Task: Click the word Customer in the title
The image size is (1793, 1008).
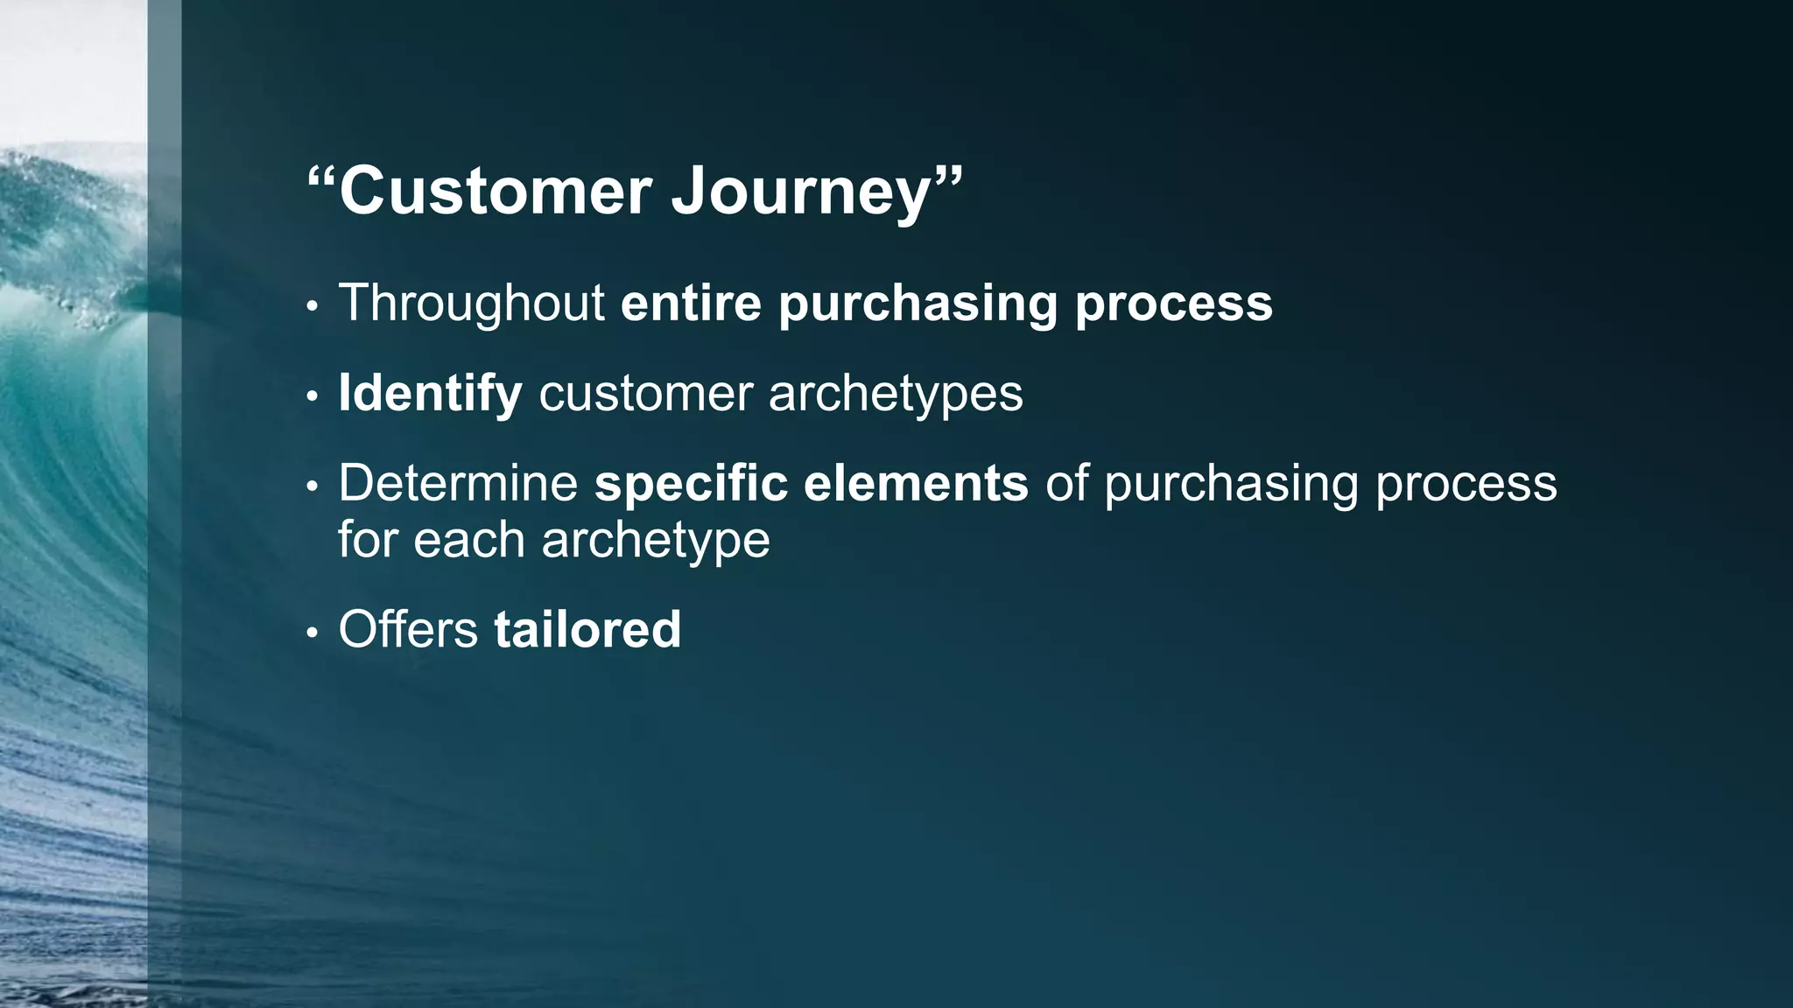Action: pyautogui.click(x=496, y=191)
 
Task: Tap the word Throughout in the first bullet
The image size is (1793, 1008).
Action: pyautogui.click(x=471, y=303)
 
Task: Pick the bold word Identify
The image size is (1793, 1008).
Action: pyautogui.click(x=430, y=393)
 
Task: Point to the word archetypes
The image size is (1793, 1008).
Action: pyautogui.click(x=895, y=395)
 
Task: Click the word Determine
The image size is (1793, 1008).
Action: pyautogui.click(x=458, y=483)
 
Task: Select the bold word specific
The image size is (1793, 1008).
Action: pyautogui.click(x=691, y=483)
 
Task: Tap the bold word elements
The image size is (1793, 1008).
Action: pyautogui.click(x=916, y=483)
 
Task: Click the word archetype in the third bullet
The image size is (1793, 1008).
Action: pyautogui.click(x=656, y=541)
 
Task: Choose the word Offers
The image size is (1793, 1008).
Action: pyautogui.click(x=408, y=629)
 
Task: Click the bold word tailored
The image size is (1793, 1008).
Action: pyautogui.click(x=587, y=629)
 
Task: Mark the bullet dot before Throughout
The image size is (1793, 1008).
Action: pyautogui.click(x=312, y=307)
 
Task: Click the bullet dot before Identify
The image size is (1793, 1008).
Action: pyautogui.click(x=312, y=397)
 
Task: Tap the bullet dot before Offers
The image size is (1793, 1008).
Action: pyautogui.click(x=312, y=633)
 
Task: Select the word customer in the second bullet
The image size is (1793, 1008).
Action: pyautogui.click(x=645, y=395)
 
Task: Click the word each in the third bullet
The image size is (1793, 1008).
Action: pyautogui.click(x=468, y=541)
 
